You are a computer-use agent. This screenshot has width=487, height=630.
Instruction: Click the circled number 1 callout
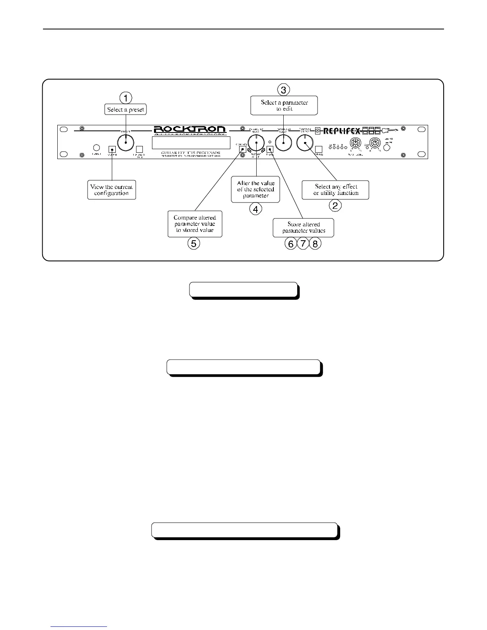[x=126, y=98]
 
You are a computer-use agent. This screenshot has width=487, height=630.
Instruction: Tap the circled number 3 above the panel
[x=284, y=90]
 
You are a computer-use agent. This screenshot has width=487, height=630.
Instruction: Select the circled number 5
[x=194, y=243]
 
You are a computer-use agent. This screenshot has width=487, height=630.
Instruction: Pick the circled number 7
[x=303, y=243]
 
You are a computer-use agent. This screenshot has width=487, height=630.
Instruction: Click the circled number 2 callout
[x=335, y=206]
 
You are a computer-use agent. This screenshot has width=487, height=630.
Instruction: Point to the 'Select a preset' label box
[x=126, y=109]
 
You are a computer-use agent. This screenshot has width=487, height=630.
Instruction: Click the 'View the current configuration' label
[x=111, y=190]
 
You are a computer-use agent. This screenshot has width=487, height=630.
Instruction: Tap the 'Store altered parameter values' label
[x=303, y=227]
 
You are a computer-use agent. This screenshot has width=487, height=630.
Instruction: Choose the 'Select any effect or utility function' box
[x=335, y=190]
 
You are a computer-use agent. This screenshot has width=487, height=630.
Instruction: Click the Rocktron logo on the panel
[x=190, y=130]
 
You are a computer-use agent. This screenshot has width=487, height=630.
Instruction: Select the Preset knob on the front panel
[x=126, y=142]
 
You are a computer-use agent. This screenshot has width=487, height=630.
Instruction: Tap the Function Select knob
[x=305, y=143]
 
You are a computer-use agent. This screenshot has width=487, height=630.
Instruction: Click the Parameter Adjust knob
[x=257, y=143]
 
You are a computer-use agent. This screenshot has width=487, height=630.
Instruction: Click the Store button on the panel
[x=270, y=150]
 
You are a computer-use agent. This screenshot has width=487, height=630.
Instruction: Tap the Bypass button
[x=318, y=150]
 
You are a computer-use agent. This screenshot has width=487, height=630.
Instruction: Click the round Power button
[x=96, y=148]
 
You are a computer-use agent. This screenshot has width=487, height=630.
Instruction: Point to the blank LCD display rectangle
[x=191, y=142]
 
